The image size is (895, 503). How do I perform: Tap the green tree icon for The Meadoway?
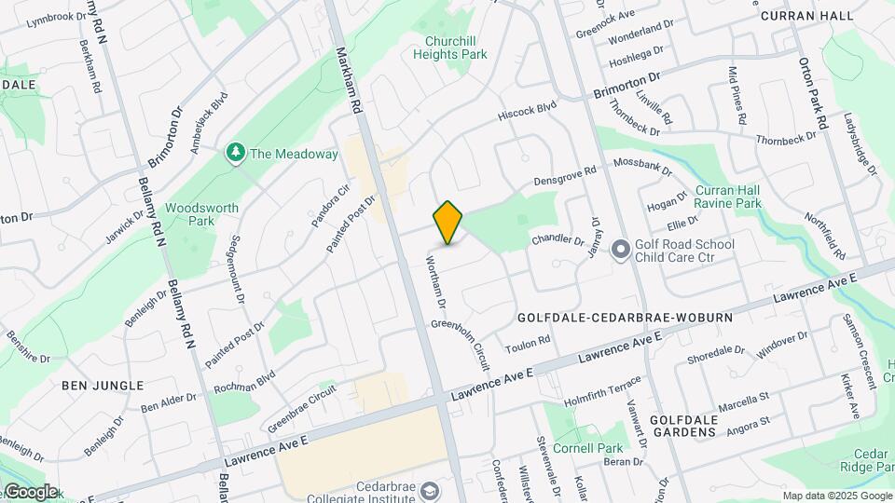coord(236,153)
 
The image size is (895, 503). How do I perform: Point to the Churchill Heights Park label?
coord(456,48)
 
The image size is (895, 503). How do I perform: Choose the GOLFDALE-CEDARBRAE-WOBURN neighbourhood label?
coord(625,318)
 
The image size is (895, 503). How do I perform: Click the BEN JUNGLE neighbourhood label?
coord(103,385)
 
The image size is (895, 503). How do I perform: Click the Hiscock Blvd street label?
coord(527,110)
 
